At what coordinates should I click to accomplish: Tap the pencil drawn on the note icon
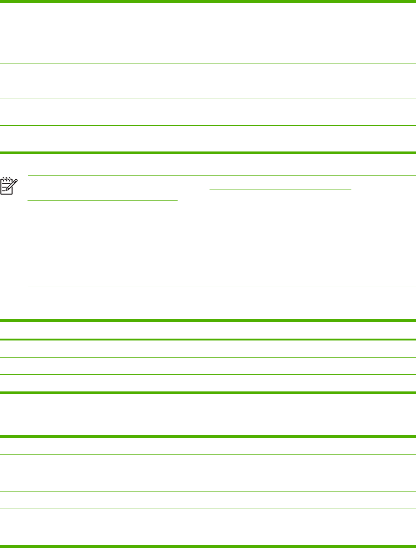[x=12, y=184]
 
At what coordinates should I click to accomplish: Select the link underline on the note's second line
[x=102, y=201]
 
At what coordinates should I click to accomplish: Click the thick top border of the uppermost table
[x=208, y=1]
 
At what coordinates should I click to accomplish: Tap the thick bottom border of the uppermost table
[x=208, y=152]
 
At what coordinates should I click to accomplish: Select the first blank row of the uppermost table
[x=208, y=15]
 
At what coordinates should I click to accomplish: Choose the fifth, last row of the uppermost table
[x=208, y=139]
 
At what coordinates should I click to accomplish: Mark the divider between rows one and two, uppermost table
[x=208, y=28]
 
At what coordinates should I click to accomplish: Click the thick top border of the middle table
[x=208, y=320]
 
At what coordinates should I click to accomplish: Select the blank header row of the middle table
[x=208, y=330]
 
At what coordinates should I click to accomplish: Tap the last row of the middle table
[x=208, y=384]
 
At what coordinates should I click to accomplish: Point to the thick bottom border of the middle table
[x=208, y=393]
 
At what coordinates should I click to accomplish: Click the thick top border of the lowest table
[x=208, y=436]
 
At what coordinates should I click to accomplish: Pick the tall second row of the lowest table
[x=208, y=473]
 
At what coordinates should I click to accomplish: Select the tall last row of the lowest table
[x=208, y=527]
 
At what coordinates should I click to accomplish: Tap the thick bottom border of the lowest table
[x=208, y=546]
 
